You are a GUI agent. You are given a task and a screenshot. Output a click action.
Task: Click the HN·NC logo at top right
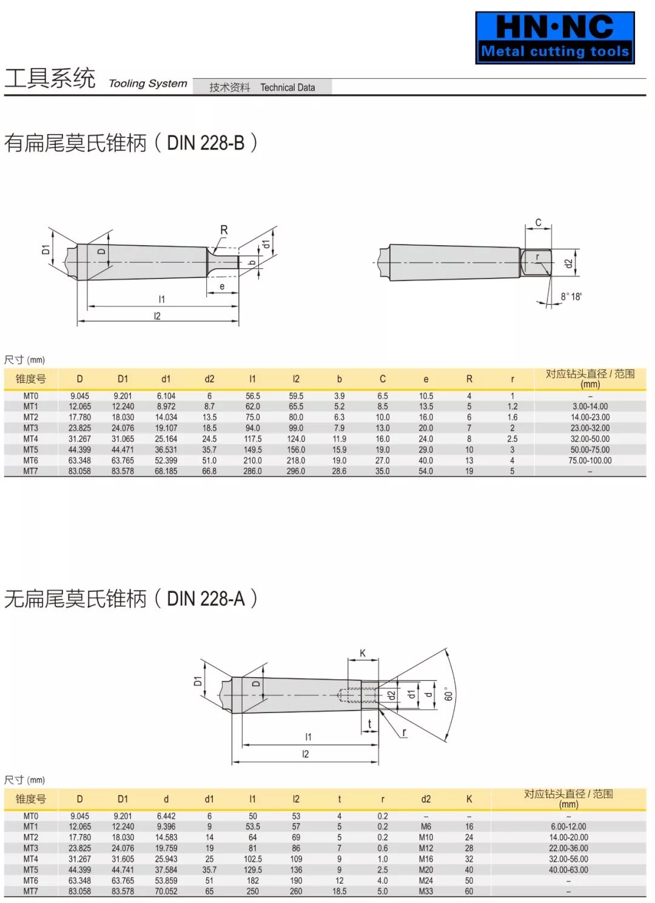pyautogui.click(x=554, y=37)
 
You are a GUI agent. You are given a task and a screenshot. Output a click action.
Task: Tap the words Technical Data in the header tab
pyautogui.click(x=287, y=87)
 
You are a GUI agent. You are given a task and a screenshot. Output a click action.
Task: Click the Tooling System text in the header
pyautogui.click(x=147, y=84)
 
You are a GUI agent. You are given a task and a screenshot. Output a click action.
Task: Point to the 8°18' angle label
pyautogui.click(x=571, y=297)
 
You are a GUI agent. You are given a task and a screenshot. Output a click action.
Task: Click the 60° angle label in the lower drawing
pyautogui.click(x=449, y=694)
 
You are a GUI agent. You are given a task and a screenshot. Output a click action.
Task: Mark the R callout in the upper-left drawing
pyautogui.click(x=224, y=230)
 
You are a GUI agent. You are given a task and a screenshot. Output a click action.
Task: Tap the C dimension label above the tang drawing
pyautogui.click(x=538, y=223)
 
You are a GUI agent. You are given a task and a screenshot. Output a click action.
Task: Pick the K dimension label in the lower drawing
pyautogui.click(x=363, y=653)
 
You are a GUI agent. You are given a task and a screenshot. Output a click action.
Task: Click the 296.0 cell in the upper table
pyautogui.click(x=296, y=471)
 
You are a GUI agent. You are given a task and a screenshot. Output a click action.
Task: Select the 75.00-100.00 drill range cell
pyautogui.click(x=589, y=461)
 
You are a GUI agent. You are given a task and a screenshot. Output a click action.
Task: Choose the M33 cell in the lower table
pyautogui.click(x=426, y=891)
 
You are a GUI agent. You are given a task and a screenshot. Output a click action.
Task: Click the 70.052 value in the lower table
pyautogui.click(x=166, y=891)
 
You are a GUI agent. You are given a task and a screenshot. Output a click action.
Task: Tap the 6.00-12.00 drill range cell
pyautogui.click(x=568, y=827)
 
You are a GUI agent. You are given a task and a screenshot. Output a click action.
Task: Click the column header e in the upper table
pyautogui.click(x=426, y=379)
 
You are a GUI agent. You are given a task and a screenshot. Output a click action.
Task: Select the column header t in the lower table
pyautogui.click(x=339, y=799)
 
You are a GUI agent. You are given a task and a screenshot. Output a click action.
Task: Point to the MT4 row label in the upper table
pyautogui.click(x=30, y=439)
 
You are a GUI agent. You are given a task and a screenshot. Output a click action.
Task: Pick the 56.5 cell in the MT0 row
pyautogui.click(x=252, y=396)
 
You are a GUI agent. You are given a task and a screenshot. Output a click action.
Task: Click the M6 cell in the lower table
pyautogui.click(x=426, y=827)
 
